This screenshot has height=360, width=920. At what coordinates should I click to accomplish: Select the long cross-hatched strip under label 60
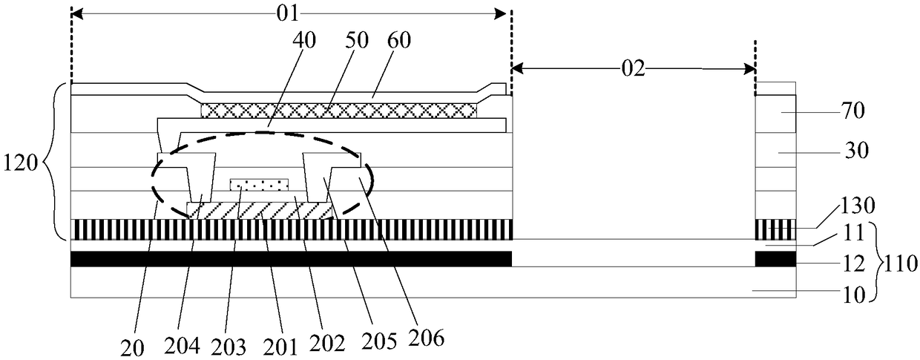338,110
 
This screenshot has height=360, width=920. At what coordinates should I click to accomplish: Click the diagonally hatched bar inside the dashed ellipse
259,211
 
